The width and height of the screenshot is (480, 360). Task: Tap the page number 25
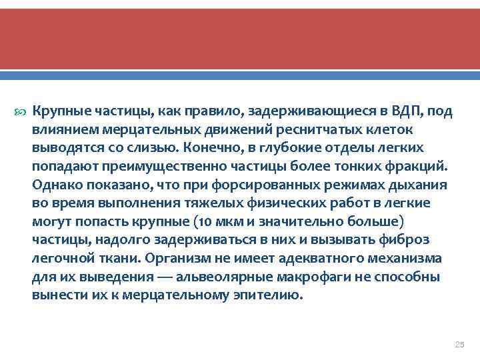458,344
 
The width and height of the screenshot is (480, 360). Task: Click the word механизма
413,258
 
